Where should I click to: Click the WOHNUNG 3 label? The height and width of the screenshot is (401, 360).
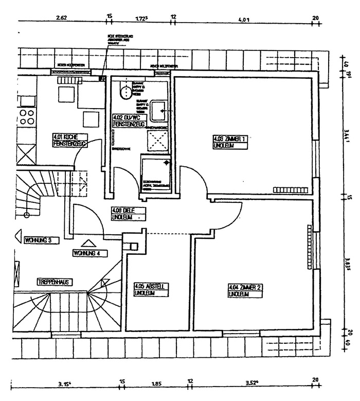pyautogui.click(x=41, y=240)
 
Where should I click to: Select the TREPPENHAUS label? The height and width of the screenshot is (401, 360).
pyautogui.click(x=53, y=282)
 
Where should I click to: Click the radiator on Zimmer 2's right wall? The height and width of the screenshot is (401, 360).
pyautogui.click(x=309, y=247)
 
